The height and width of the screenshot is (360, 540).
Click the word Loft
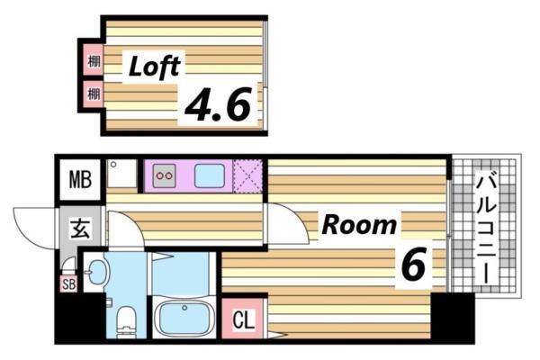coord(154,67)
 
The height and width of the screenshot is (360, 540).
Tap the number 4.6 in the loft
coord(217,104)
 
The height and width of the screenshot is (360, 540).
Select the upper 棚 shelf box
coord(93,60)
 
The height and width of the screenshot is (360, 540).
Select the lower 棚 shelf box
coord(93,94)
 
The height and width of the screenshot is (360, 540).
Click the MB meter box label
coord(80,179)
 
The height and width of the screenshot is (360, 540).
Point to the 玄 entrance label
coord(80,228)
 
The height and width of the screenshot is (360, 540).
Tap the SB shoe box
coord(68,284)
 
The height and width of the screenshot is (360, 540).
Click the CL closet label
coord(244,319)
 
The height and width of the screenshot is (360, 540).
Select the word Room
coord(359,225)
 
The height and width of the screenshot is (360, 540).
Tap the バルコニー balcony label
coord(486,228)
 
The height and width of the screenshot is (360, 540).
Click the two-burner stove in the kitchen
coord(165,175)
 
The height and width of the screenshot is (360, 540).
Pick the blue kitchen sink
coord(210,175)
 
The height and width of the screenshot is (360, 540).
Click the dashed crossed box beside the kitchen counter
coord(247,176)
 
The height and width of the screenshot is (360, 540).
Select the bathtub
coord(184,318)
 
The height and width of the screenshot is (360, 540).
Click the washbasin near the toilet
coord(98,272)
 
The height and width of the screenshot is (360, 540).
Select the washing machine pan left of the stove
coord(121,174)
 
